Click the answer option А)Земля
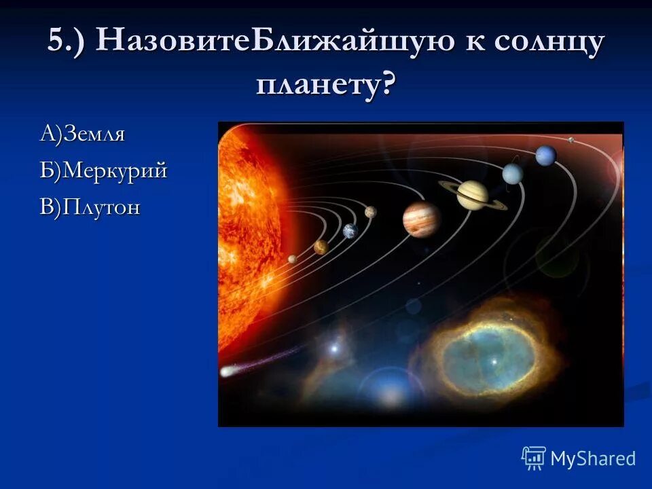coord(82,134)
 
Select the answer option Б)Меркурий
coord(103,171)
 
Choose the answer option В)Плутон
coord(90,207)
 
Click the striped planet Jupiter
coord(421,219)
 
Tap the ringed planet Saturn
coord(472,194)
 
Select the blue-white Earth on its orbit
coord(350,231)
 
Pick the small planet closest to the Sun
coord(292,259)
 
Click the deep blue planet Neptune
coord(545,156)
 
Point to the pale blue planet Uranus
coord(512,174)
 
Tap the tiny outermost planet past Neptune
coord(570,140)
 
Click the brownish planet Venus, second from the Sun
coord(321,247)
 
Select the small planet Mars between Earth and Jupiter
coord(370,212)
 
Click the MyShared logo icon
coord(534,458)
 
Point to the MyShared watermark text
coord(593,459)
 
